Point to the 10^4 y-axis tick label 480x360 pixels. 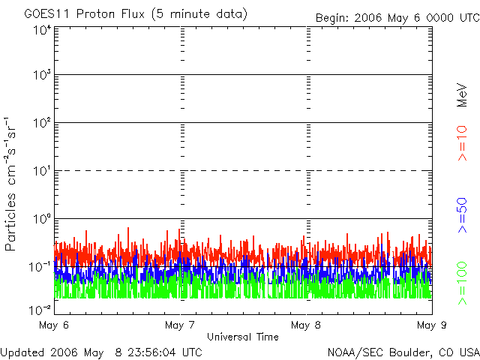click(x=41, y=29)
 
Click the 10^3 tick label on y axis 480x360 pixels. click(x=41, y=75)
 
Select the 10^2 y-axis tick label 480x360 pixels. click(x=41, y=122)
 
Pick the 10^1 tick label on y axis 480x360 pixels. click(x=41, y=170)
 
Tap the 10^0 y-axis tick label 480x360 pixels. click(x=41, y=218)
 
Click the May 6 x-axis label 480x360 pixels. click(x=53, y=325)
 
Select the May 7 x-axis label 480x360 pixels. click(x=180, y=325)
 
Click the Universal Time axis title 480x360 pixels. click(x=243, y=337)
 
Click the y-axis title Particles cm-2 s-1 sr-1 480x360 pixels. click(x=13, y=184)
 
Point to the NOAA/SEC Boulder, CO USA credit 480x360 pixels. click(x=403, y=352)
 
